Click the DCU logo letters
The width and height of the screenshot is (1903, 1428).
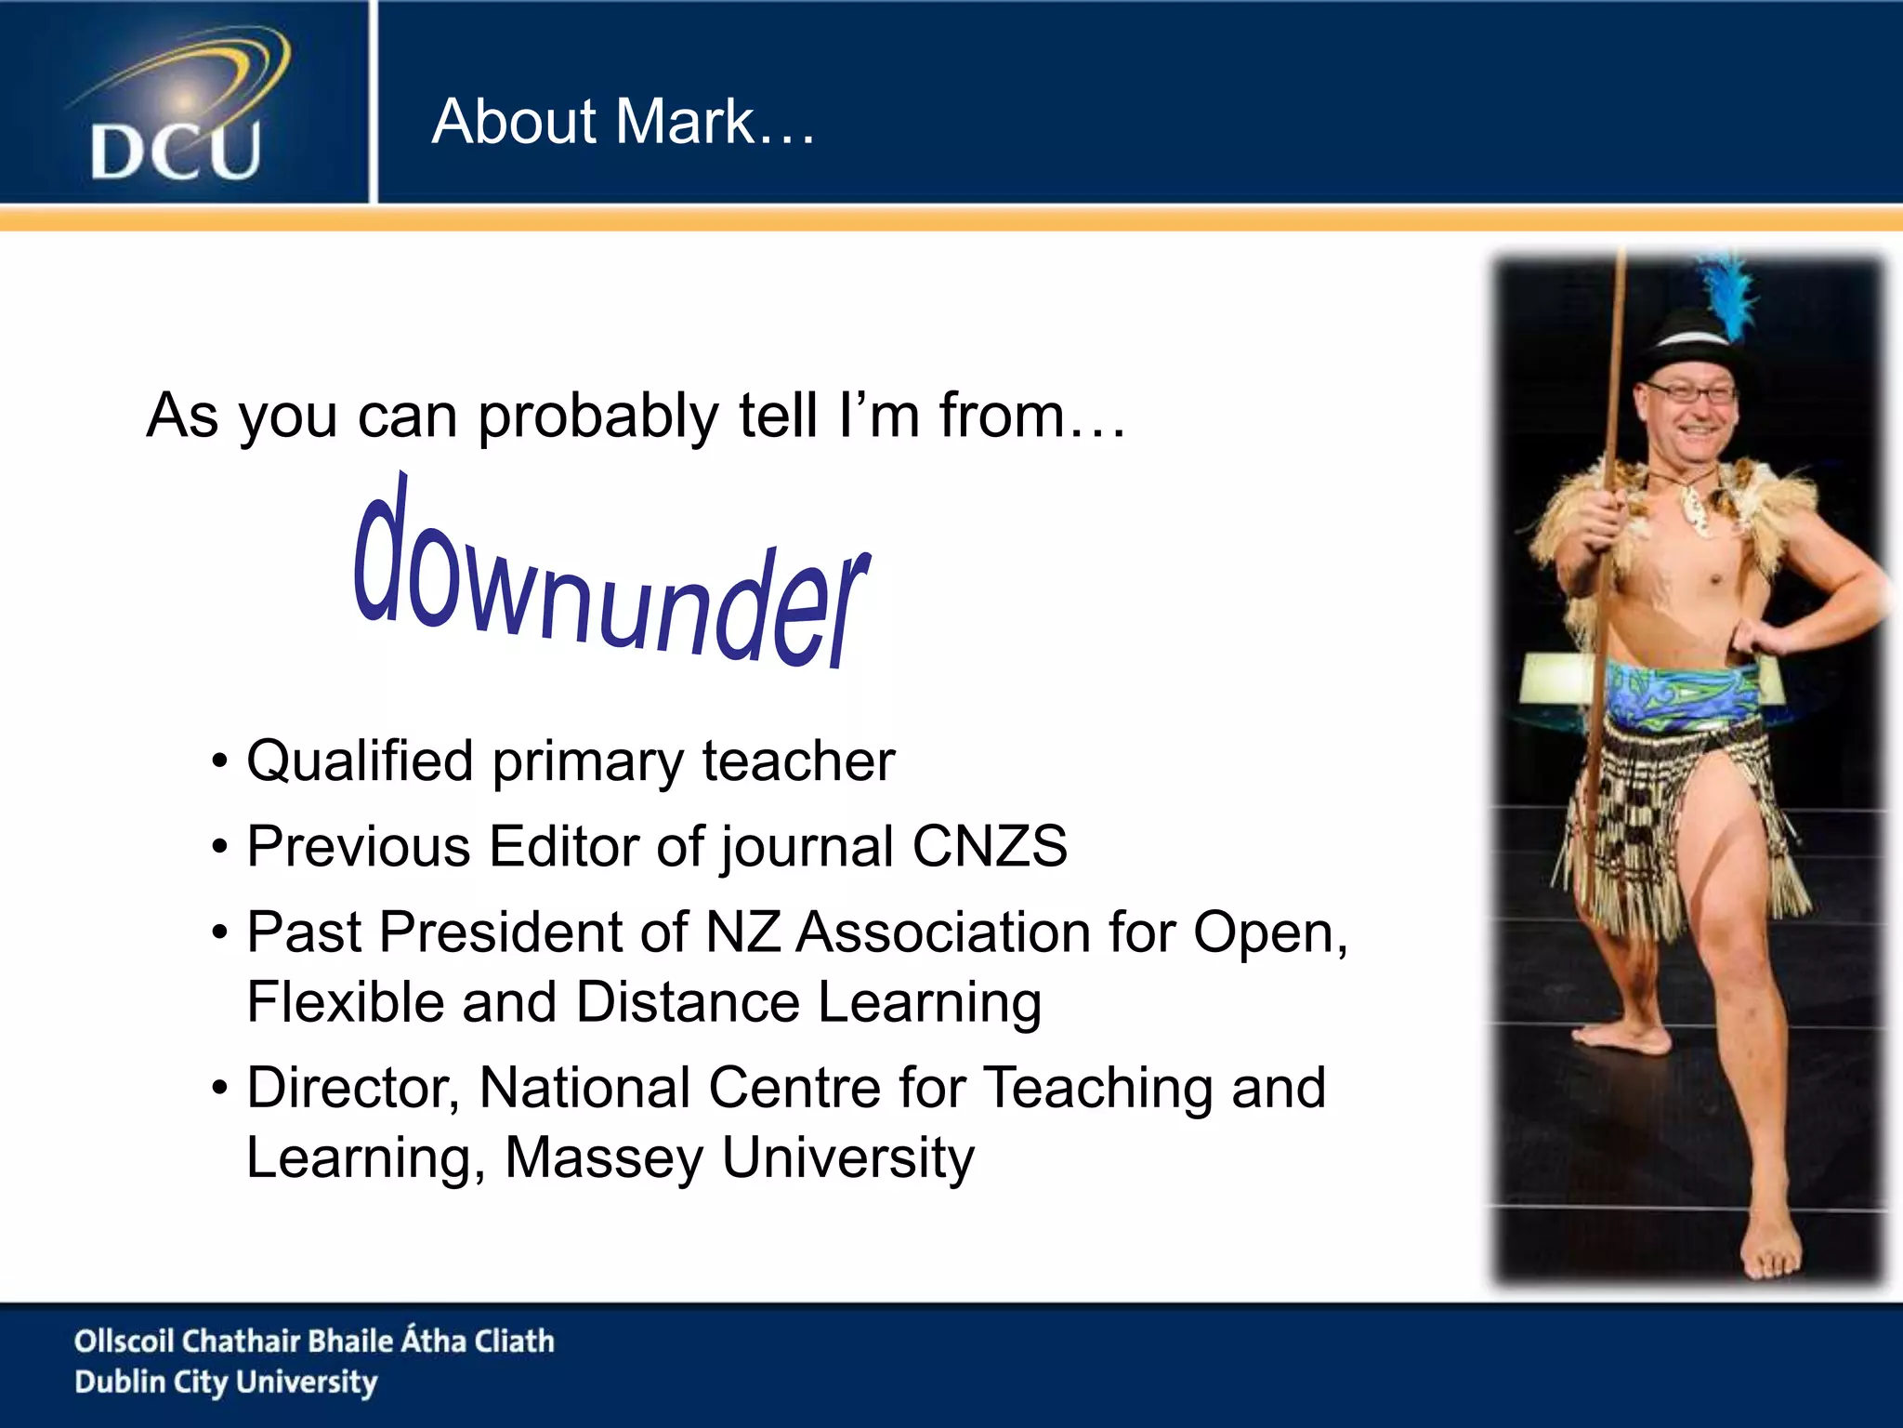point(176,152)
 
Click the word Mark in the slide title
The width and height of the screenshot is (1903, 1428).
point(686,122)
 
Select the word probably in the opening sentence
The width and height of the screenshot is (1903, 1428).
point(597,416)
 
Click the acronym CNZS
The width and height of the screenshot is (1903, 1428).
point(989,847)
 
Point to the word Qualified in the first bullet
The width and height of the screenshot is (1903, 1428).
point(361,761)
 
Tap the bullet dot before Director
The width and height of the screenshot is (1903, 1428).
point(219,1088)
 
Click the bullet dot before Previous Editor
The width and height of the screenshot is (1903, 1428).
point(219,847)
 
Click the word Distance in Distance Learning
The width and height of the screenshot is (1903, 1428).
point(687,1003)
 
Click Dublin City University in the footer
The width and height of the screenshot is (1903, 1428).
point(226,1382)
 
